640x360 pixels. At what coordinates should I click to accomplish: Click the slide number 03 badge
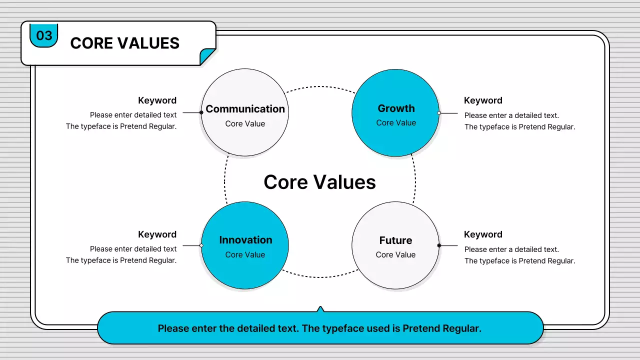(44, 35)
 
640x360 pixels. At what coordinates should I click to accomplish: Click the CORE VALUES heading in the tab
(124, 43)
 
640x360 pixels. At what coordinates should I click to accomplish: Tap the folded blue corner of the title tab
(206, 57)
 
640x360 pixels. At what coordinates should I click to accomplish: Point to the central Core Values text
(319, 182)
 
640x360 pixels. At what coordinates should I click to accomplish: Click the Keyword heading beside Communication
(157, 100)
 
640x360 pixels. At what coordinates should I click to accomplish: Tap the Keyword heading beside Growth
(483, 100)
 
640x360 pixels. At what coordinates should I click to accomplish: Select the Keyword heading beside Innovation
(157, 234)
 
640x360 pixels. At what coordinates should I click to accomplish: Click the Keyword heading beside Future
(483, 234)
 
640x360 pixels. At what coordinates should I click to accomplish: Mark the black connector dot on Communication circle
(201, 112)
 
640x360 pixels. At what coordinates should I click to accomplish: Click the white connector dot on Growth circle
(439, 113)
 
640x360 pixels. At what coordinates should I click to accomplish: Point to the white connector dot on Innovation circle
(201, 245)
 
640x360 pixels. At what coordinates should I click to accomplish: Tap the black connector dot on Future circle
(439, 245)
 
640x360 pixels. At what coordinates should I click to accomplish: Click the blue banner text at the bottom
(319, 328)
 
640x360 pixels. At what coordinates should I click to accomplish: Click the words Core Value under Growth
(396, 123)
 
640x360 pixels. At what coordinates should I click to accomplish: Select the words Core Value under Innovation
(245, 254)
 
